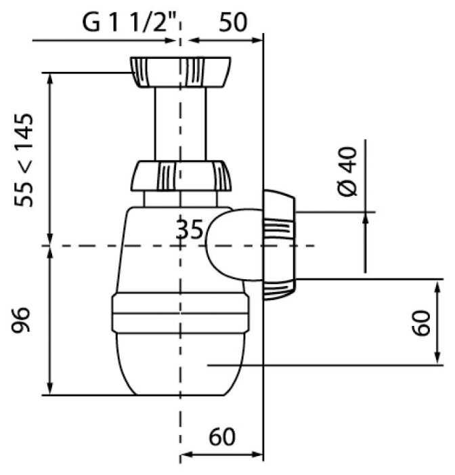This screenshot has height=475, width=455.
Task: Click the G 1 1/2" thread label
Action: click(x=129, y=22)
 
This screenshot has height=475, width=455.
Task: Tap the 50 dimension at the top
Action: click(x=233, y=22)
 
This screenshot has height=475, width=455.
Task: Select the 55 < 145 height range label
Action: click(x=24, y=160)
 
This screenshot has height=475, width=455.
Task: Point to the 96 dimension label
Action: click(x=21, y=320)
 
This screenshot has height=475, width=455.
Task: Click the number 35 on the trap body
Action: click(x=189, y=230)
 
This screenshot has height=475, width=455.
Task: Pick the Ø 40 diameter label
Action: click(x=347, y=171)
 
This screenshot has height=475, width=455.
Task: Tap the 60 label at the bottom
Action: click(x=222, y=436)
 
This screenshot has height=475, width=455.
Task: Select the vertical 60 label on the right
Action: click(x=421, y=323)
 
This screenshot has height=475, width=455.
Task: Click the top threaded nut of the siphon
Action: click(x=181, y=72)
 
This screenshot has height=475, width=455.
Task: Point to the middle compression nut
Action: click(x=181, y=176)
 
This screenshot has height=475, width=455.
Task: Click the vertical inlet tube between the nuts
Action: click(x=181, y=124)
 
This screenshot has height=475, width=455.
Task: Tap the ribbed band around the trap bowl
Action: click(x=181, y=314)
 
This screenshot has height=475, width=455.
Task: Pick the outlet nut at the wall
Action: click(x=279, y=245)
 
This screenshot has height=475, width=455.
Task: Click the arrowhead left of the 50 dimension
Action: click(x=193, y=40)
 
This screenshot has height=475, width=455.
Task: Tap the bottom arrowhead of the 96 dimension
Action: click(x=49, y=389)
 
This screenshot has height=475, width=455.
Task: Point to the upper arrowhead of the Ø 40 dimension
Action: click(x=366, y=218)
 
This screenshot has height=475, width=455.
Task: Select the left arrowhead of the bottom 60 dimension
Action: click(x=186, y=455)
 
